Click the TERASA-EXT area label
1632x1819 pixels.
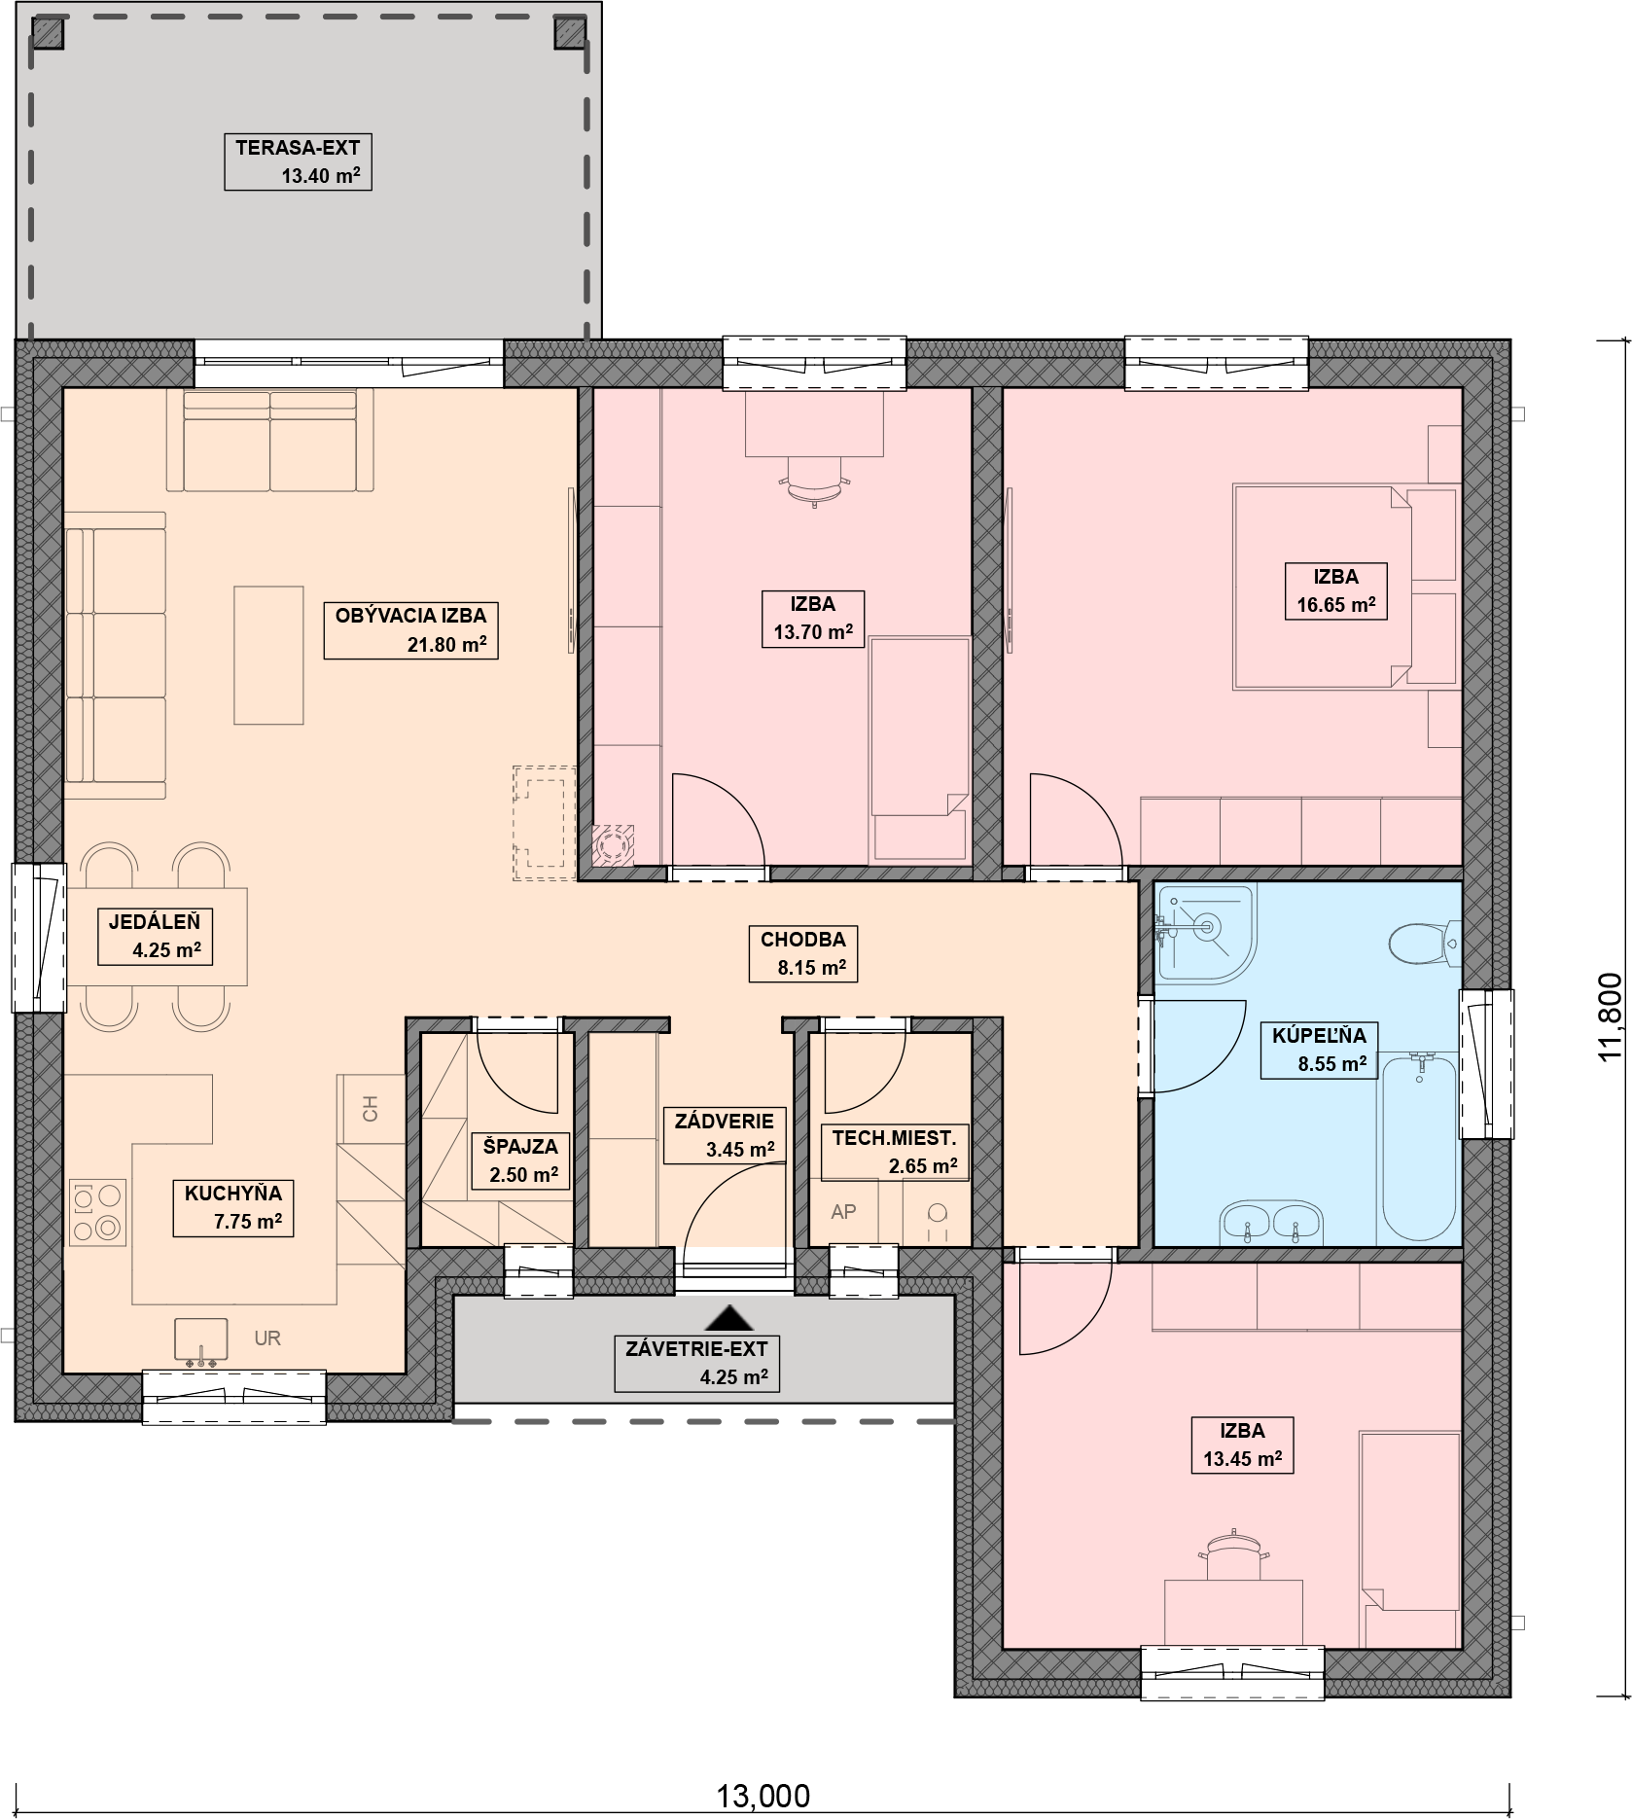click(298, 162)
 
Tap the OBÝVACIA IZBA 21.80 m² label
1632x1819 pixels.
click(410, 629)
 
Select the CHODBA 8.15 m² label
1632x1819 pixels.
click(803, 953)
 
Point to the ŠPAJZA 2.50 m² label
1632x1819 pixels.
click(520, 1160)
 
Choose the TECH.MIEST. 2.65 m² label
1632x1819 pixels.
click(895, 1152)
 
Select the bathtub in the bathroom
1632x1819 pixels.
click(1419, 1148)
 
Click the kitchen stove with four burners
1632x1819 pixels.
click(97, 1212)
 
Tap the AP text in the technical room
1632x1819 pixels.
click(843, 1212)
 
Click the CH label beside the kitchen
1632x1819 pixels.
click(370, 1108)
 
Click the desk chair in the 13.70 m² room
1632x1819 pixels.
click(814, 484)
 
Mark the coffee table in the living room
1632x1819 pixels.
click(268, 655)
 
